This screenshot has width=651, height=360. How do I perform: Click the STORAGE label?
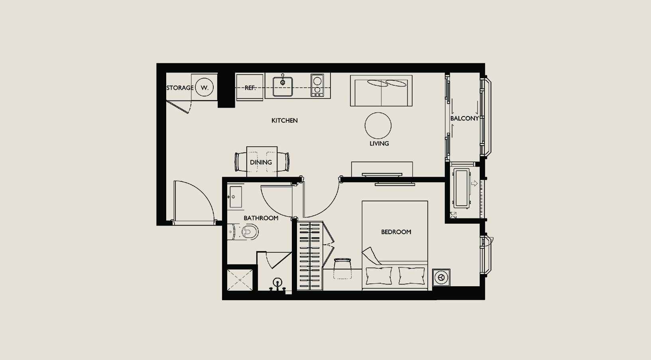(x=180, y=88)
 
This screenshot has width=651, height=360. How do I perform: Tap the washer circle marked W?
(x=204, y=87)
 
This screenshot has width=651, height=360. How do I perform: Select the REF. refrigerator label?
(x=250, y=88)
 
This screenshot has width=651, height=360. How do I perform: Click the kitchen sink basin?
(x=283, y=87)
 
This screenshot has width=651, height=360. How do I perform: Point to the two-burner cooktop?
(x=317, y=85)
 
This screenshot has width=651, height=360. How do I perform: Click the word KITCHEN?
(x=285, y=120)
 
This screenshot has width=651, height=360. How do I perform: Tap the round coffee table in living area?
(x=378, y=126)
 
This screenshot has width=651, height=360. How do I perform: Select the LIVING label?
(x=379, y=144)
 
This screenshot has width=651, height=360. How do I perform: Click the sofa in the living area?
(x=381, y=90)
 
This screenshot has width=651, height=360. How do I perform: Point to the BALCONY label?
(x=464, y=118)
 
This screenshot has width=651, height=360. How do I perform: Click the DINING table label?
(x=261, y=162)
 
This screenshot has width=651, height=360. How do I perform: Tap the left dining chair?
(x=241, y=162)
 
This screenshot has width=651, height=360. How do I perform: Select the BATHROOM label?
(x=261, y=218)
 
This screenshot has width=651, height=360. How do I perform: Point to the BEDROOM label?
(x=396, y=232)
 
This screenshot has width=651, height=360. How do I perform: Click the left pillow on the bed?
(x=379, y=275)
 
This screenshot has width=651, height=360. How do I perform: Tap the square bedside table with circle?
(x=441, y=277)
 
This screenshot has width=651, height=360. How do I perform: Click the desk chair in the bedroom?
(x=342, y=269)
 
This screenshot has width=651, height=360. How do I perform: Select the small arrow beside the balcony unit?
(x=474, y=183)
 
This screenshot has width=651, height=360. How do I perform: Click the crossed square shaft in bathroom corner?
(x=240, y=280)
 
